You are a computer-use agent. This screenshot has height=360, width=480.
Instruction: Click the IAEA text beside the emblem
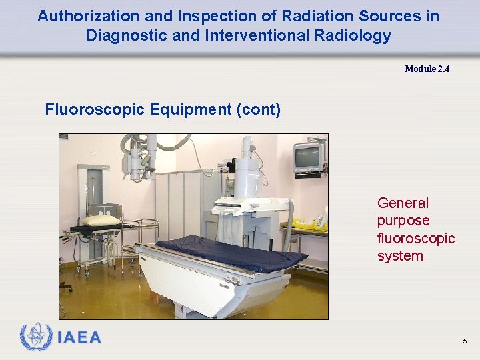pos(79,338)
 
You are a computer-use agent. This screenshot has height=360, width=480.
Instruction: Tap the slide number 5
pos(465,342)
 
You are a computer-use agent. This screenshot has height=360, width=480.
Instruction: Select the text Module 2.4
pos(427,69)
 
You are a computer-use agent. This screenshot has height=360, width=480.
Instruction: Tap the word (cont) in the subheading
pos(258,109)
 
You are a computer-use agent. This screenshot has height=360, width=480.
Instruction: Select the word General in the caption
pos(403,203)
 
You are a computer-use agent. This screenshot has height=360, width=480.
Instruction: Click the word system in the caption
pos(400,256)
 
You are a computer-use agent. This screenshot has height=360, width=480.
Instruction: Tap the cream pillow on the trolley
pos(101,221)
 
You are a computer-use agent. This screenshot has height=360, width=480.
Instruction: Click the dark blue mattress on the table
pos(227,253)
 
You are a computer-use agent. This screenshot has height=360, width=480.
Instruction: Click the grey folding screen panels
pos(187,200)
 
